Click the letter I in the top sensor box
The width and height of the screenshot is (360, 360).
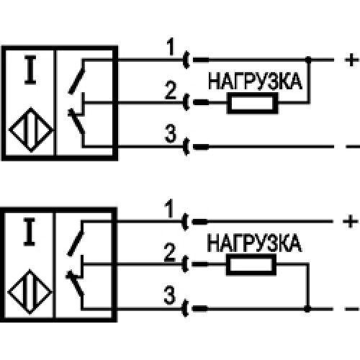click(x=30, y=70)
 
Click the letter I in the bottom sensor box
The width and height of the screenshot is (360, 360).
click(x=30, y=232)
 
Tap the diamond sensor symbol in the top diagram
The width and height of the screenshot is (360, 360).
click(x=31, y=130)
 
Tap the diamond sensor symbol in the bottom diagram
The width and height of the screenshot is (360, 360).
click(x=30, y=292)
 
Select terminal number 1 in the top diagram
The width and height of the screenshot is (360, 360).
click(x=171, y=47)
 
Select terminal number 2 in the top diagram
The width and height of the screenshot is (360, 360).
click(x=171, y=90)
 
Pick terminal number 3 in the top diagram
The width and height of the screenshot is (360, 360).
click(x=171, y=134)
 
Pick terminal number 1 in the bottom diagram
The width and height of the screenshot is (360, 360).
click(x=169, y=209)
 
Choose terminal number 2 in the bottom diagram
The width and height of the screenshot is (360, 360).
click(x=170, y=252)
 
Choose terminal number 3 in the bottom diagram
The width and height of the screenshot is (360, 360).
click(x=170, y=296)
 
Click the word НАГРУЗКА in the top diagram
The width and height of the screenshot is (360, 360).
click(x=255, y=81)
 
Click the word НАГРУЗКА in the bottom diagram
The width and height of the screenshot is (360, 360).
click(x=254, y=243)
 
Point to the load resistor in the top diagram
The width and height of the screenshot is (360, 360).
click(x=253, y=103)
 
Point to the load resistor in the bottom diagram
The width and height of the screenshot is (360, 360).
click(x=251, y=265)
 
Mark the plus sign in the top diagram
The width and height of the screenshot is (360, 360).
click(x=351, y=59)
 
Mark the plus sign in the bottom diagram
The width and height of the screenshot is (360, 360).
click(x=350, y=221)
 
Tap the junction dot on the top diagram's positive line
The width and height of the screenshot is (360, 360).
click(x=308, y=59)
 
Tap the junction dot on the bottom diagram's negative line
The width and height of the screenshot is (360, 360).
click(x=307, y=309)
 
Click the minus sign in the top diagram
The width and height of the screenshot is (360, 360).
click(x=353, y=147)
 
